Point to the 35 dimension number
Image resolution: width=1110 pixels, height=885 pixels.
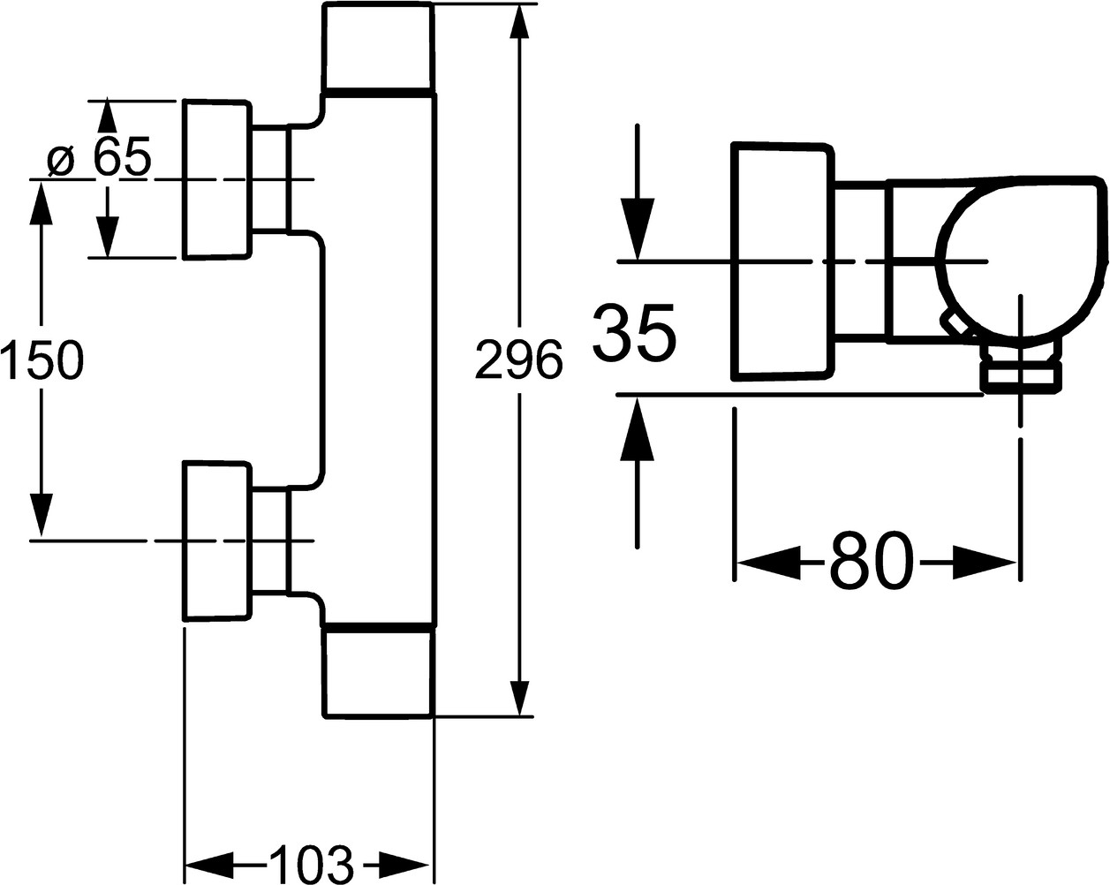coord(635,333)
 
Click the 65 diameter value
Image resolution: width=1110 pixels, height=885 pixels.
coord(123,157)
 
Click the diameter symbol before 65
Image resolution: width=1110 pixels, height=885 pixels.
coord(60,160)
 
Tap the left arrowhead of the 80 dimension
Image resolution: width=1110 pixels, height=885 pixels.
coord(766,562)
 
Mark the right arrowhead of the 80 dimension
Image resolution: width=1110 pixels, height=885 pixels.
coord(985,562)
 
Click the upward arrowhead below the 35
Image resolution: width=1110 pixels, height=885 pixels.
coord(637,428)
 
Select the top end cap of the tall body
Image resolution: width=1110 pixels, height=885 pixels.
coord(379,48)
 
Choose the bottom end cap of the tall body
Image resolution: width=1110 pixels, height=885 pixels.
coord(378,671)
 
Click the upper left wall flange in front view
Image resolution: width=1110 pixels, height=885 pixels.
coord(215,180)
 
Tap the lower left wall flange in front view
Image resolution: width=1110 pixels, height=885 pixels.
coord(215,540)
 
